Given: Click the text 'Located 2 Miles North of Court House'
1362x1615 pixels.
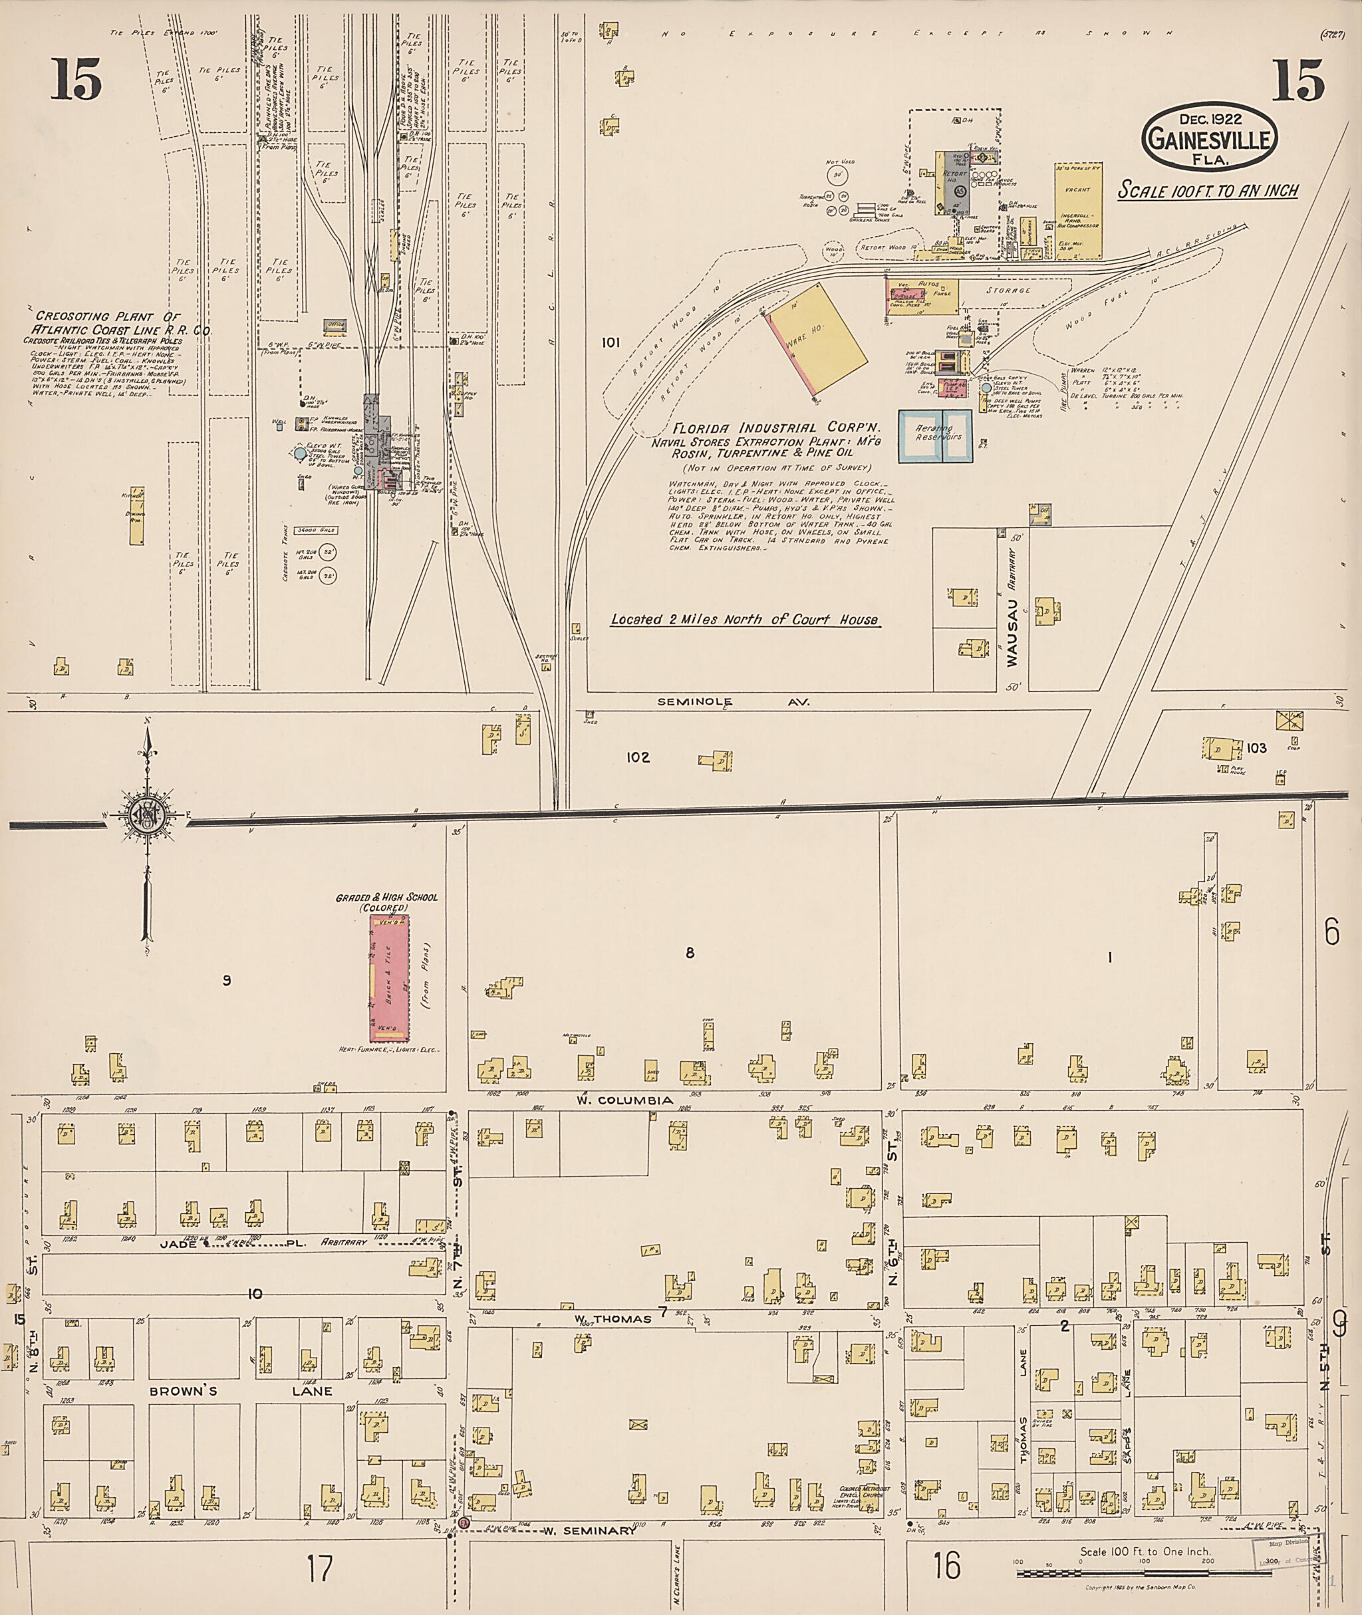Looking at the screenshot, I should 744,619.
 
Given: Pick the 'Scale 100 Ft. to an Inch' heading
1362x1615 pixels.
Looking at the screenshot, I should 1208,191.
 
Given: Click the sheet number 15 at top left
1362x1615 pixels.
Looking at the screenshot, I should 76,80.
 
